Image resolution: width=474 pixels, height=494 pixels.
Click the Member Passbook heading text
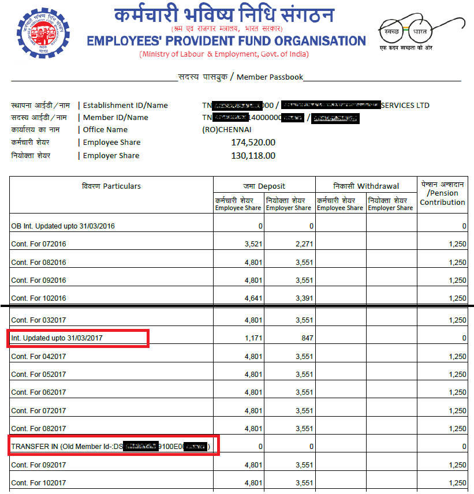click(x=241, y=77)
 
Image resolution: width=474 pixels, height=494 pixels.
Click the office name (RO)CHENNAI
click(x=227, y=130)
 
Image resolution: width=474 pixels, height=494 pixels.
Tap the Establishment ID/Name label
click(x=125, y=106)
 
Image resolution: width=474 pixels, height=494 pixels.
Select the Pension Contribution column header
click(x=442, y=193)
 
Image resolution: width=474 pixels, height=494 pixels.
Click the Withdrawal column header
click(x=366, y=186)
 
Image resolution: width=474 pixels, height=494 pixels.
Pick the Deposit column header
click(x=264, y=186)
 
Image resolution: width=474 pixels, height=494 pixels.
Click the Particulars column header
click(x=111, y=186)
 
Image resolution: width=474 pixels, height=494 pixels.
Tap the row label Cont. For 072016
click(x=39, y=244)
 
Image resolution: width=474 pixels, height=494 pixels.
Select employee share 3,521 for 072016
click(x=253, y=244)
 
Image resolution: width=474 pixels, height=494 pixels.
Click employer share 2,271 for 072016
click(x=304, y=244)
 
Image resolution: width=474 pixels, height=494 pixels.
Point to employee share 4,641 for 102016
click(x=253, y=298)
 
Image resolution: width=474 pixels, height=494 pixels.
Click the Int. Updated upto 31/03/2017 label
click(x=57, y=338)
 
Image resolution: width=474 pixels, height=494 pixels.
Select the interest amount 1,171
click(x=253, y=338)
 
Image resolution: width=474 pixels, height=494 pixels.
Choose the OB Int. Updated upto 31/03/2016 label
click(x=63, y=226)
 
